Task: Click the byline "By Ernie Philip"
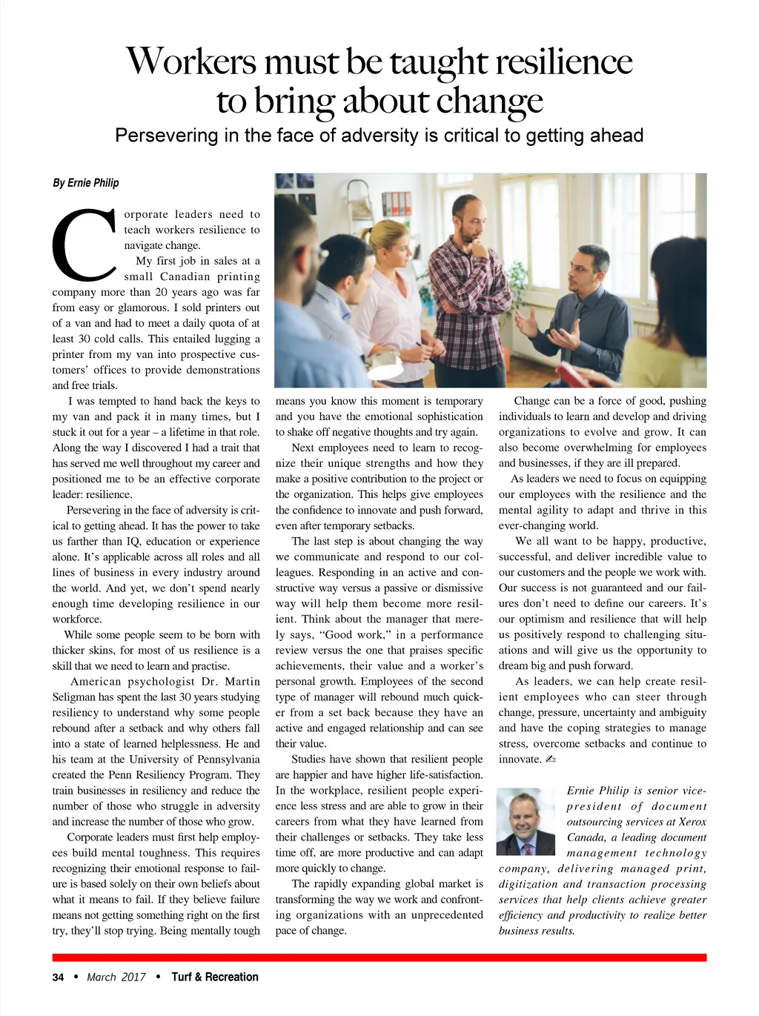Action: (x=85, y=183)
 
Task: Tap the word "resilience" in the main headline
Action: (x=564, y=61)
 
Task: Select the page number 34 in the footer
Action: (x=58, y=977)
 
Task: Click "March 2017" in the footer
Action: (x=116, y=977)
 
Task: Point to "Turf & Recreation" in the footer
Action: (x=215, y=977)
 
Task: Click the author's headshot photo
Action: (x=526, y=821)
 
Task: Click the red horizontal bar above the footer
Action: (x=379, y=957)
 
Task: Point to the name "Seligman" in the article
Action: (x=74, y=697)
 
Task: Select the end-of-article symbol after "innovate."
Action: (x=550, y=760)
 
